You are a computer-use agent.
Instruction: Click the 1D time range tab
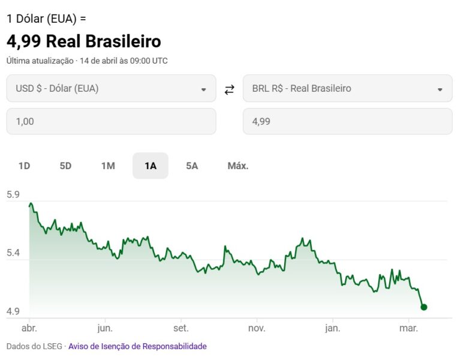(x=24, y=166)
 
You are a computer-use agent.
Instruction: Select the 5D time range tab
(x=65, y=166)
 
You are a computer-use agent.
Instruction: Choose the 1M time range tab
(x=108, y=166)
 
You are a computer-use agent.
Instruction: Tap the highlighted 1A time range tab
(x=150, y=166)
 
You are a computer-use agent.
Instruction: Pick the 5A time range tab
(x=192, y=166)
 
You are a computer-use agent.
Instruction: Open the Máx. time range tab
(x=238, y=166)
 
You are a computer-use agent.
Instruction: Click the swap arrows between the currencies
(x=229, y=90)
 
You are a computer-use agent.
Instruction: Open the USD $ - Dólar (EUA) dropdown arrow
(x=203, y=89)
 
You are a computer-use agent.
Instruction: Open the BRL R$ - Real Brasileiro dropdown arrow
(x=440, y=89)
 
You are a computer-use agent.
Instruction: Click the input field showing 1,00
(x=111, y=121)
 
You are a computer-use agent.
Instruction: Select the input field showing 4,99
(x=347, y=121)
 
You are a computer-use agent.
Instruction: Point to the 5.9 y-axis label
(x=13, y=194)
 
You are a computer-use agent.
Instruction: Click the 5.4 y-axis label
(x=13, y=253)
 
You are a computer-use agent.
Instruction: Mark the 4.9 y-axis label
(x=13, y=311)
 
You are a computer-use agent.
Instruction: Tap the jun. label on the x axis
(x=105, y=328)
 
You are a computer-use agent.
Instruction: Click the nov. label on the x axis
(x=257, y=328)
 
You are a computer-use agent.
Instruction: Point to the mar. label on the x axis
(x=408, y=328)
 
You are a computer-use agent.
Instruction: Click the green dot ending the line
(x=424, y=307)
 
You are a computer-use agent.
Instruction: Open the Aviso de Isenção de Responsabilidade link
(x=137, y=346)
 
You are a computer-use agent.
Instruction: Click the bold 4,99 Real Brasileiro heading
(x=84, y=41)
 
